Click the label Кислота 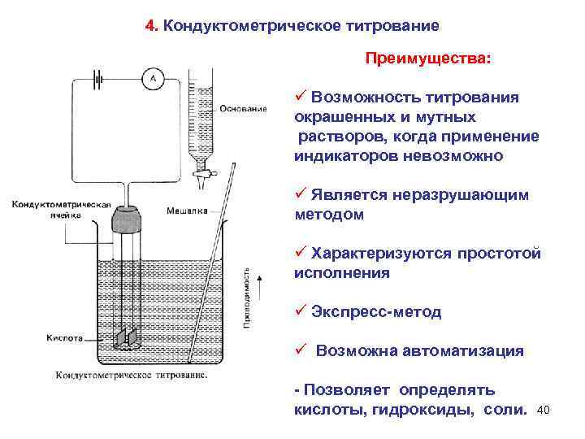click(x=65, y=336)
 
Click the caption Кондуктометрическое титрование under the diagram click(x=131, y=376)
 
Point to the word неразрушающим click(x=461, y=195)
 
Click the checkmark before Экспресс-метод click(x=300, y=311)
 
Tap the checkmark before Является click(x=300, y=194)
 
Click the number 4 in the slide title click(x=150, y=25)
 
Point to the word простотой click(x=500, y=254)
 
